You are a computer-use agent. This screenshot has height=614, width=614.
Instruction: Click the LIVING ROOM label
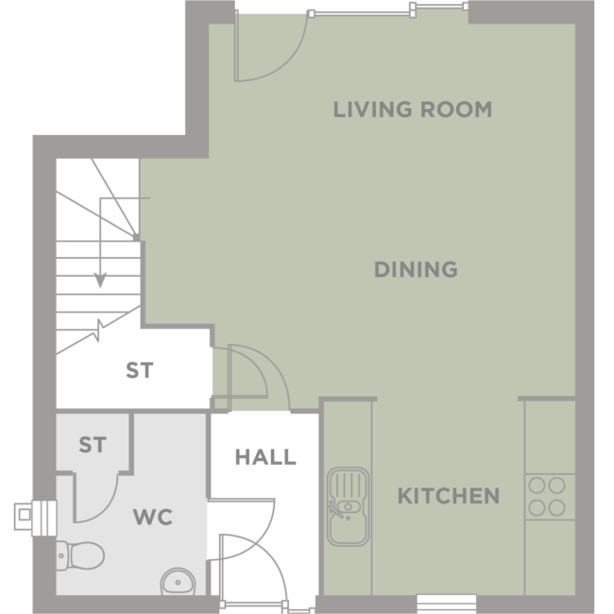pos(413,110)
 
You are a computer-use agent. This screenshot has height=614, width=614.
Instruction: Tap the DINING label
pos(416,269)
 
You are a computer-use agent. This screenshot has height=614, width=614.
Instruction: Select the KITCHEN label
pos(449,496)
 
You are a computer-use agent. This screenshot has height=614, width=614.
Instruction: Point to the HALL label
pos(265,457)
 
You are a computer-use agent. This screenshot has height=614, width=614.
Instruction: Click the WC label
pos(153,517)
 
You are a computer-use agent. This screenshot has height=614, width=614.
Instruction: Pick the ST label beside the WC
pos(93,445)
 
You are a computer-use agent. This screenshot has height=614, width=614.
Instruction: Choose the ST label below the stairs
pos(140,370)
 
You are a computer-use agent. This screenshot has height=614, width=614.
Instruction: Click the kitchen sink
pos(348,506)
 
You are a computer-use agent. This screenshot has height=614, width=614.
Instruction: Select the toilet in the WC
pos(80,555)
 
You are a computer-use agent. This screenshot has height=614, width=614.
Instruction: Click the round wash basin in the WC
pos(178,582)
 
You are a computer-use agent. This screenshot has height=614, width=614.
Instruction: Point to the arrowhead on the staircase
pos(100,281)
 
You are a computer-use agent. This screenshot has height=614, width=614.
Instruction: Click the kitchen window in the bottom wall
pos(447,604)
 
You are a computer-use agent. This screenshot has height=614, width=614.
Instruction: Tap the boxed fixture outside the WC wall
pos(35,518)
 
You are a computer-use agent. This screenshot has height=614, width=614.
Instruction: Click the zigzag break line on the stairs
pos(98,330)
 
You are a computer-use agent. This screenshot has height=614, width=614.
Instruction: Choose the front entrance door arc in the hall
pos(270,556)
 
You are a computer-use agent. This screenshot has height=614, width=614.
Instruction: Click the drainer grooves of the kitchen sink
pos(348,485)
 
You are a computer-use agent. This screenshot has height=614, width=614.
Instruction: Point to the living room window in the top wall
pos(387,11)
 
